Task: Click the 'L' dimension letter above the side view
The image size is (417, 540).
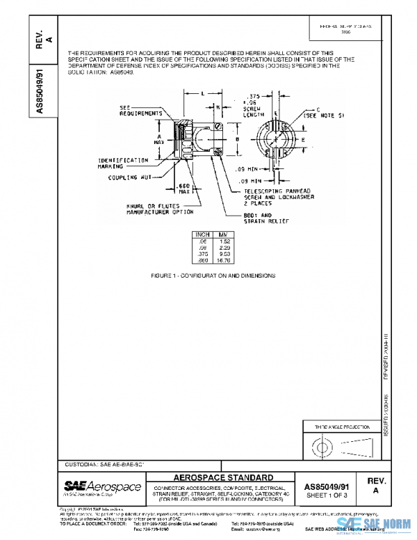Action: click(201, 93)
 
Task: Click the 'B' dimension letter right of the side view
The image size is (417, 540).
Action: click(238, 139)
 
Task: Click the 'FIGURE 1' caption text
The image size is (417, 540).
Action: click(213, 276)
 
